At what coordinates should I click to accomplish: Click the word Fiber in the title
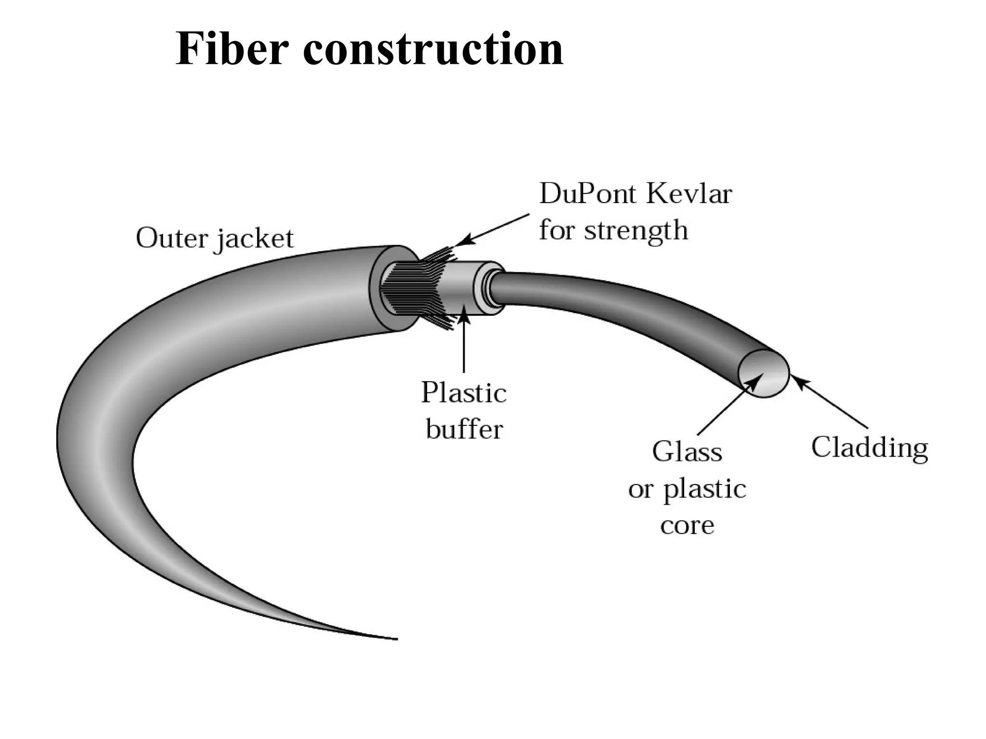coord(232,49)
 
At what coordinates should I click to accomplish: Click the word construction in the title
coord(433,49)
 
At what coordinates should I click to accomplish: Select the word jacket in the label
coord(254,239)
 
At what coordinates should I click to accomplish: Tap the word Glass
coord(687,452)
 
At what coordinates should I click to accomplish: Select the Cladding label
coord(869,447)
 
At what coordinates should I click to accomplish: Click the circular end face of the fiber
coord(764,373)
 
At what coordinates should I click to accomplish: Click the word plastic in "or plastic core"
coord(705,489)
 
